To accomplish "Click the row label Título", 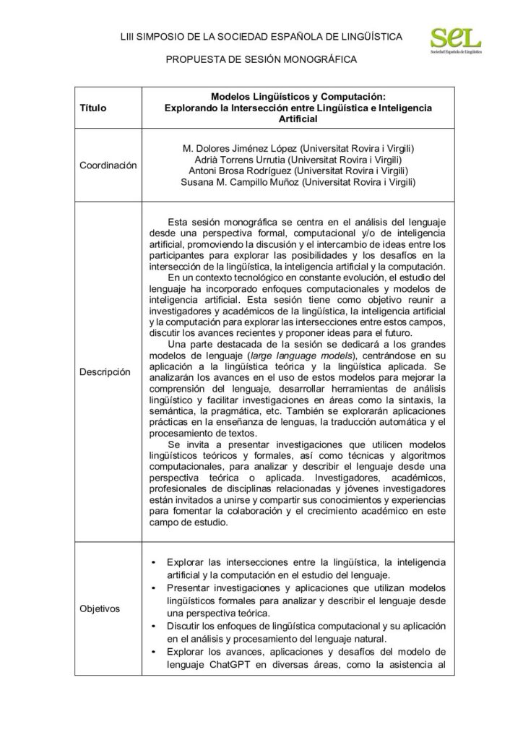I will (93, 108).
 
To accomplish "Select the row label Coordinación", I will (108, 165).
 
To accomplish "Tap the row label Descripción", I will (105, 371).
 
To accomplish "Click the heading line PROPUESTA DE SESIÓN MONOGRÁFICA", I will (261, 60).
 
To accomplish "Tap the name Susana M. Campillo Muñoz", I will (241, 183).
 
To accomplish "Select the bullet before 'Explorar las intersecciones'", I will (154, 562).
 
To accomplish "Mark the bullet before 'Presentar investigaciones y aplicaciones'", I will (154, 588).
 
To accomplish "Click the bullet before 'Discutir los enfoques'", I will (154, 626).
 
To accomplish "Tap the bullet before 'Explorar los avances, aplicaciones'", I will (154, 652).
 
